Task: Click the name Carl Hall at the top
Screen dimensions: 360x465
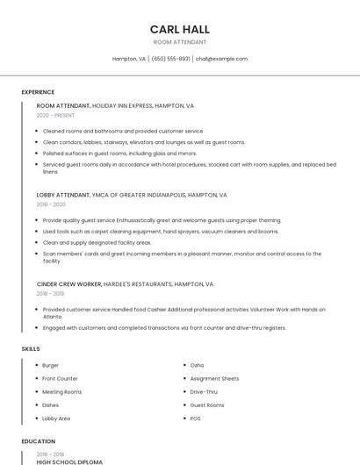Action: pos(180,29)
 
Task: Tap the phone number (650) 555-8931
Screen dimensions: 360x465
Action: pos(170,59)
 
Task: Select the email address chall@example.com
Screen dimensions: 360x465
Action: pos(221,59)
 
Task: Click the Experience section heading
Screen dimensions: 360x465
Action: pos(38,92)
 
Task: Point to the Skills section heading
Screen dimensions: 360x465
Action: pos(31,349)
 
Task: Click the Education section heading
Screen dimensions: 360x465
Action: pos(38,441)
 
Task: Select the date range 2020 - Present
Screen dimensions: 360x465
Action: pos(55,115)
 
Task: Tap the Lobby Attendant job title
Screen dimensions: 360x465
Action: pos(63,195)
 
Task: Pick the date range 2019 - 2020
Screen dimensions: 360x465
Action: pos(51,204)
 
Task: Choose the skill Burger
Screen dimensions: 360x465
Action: pos(51,365)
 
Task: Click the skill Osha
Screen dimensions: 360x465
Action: pos(197,365)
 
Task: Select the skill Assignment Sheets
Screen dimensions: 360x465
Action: pos(214,378)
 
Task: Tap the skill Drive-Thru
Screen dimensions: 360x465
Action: pos(204,391)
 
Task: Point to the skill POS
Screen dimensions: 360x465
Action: pos(196,418)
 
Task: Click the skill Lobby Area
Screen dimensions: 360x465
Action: pos(56,418)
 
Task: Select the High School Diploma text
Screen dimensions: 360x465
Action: pos(69,461)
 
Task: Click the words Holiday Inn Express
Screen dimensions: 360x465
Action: pos(124,105)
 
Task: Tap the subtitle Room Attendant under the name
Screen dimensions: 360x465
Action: pos(180,42)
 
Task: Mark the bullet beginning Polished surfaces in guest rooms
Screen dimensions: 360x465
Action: pos(119,153)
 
